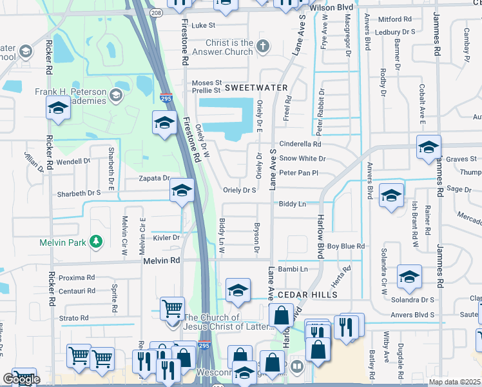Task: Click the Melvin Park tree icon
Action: [96, 242]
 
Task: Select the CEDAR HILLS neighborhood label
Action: [308, 295]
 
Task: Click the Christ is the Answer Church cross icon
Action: [262, 46]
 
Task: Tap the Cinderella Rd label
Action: [300, 144]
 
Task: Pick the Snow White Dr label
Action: [303, 159]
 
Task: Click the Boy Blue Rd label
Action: [346, 246]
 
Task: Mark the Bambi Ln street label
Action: [294, 268]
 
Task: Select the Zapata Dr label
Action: [153, 178]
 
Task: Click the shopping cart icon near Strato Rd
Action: [172, 309]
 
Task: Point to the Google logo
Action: [21, 379]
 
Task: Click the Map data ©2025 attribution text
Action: [454, 382]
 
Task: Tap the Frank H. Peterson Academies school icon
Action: [116, 95]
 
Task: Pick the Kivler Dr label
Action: [166, 238]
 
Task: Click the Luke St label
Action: [203, 25]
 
